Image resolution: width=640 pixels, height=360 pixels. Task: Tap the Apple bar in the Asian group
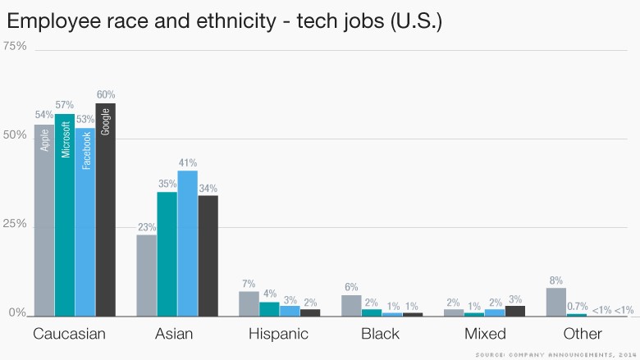point(146,275)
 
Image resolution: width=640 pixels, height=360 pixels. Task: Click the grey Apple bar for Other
point(556,301)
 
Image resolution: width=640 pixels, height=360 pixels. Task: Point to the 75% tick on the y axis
point(16,46)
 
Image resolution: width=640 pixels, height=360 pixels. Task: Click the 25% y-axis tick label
point(16,223)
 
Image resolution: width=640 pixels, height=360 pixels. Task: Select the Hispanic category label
point(279,334)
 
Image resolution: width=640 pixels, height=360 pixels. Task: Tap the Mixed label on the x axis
point(484,334)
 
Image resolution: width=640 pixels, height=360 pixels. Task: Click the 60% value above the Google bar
point(106,95)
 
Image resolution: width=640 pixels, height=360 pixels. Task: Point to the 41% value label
point(188,163)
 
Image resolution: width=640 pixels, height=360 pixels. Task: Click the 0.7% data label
point(578,306)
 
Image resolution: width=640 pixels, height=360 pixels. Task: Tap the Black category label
point(380,334)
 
